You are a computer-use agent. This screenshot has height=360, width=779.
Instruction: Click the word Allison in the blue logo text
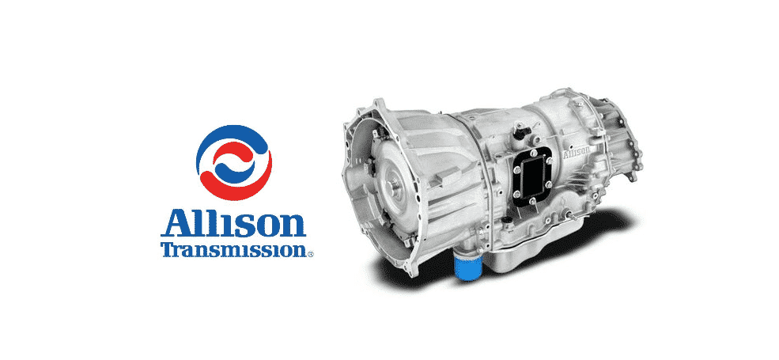[233, 224]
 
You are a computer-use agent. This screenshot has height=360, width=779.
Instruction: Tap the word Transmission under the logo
[233, 249]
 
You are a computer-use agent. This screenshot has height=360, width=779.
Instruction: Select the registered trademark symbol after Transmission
[311, 254]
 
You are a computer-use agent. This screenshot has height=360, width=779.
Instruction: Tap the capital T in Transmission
[169, 248]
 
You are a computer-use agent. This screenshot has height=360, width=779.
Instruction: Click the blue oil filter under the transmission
[468, 267]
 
